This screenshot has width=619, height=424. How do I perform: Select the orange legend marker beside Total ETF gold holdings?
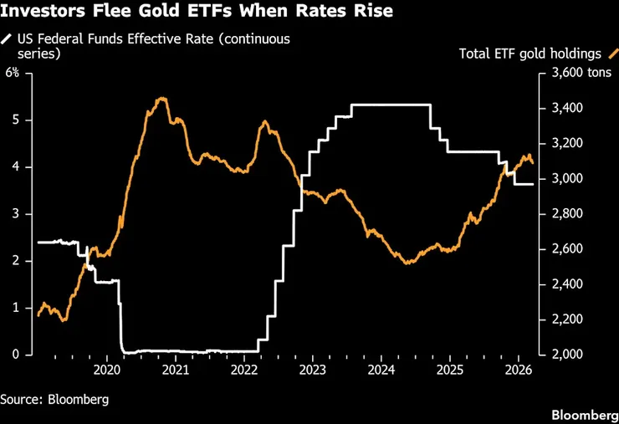(610, 54)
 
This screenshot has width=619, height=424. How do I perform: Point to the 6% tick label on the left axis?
(13, 73)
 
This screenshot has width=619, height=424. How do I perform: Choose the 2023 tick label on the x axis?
(312, 369)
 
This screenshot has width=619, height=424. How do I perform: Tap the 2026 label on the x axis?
(518, 369)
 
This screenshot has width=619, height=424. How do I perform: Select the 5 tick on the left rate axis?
(15, 120)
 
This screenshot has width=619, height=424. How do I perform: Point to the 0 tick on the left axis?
(15, 355)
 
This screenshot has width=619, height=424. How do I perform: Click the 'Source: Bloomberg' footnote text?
(54, 399)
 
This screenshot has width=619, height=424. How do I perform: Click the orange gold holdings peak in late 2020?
(161, 99)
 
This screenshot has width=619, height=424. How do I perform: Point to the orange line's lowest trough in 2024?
(407, 263)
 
